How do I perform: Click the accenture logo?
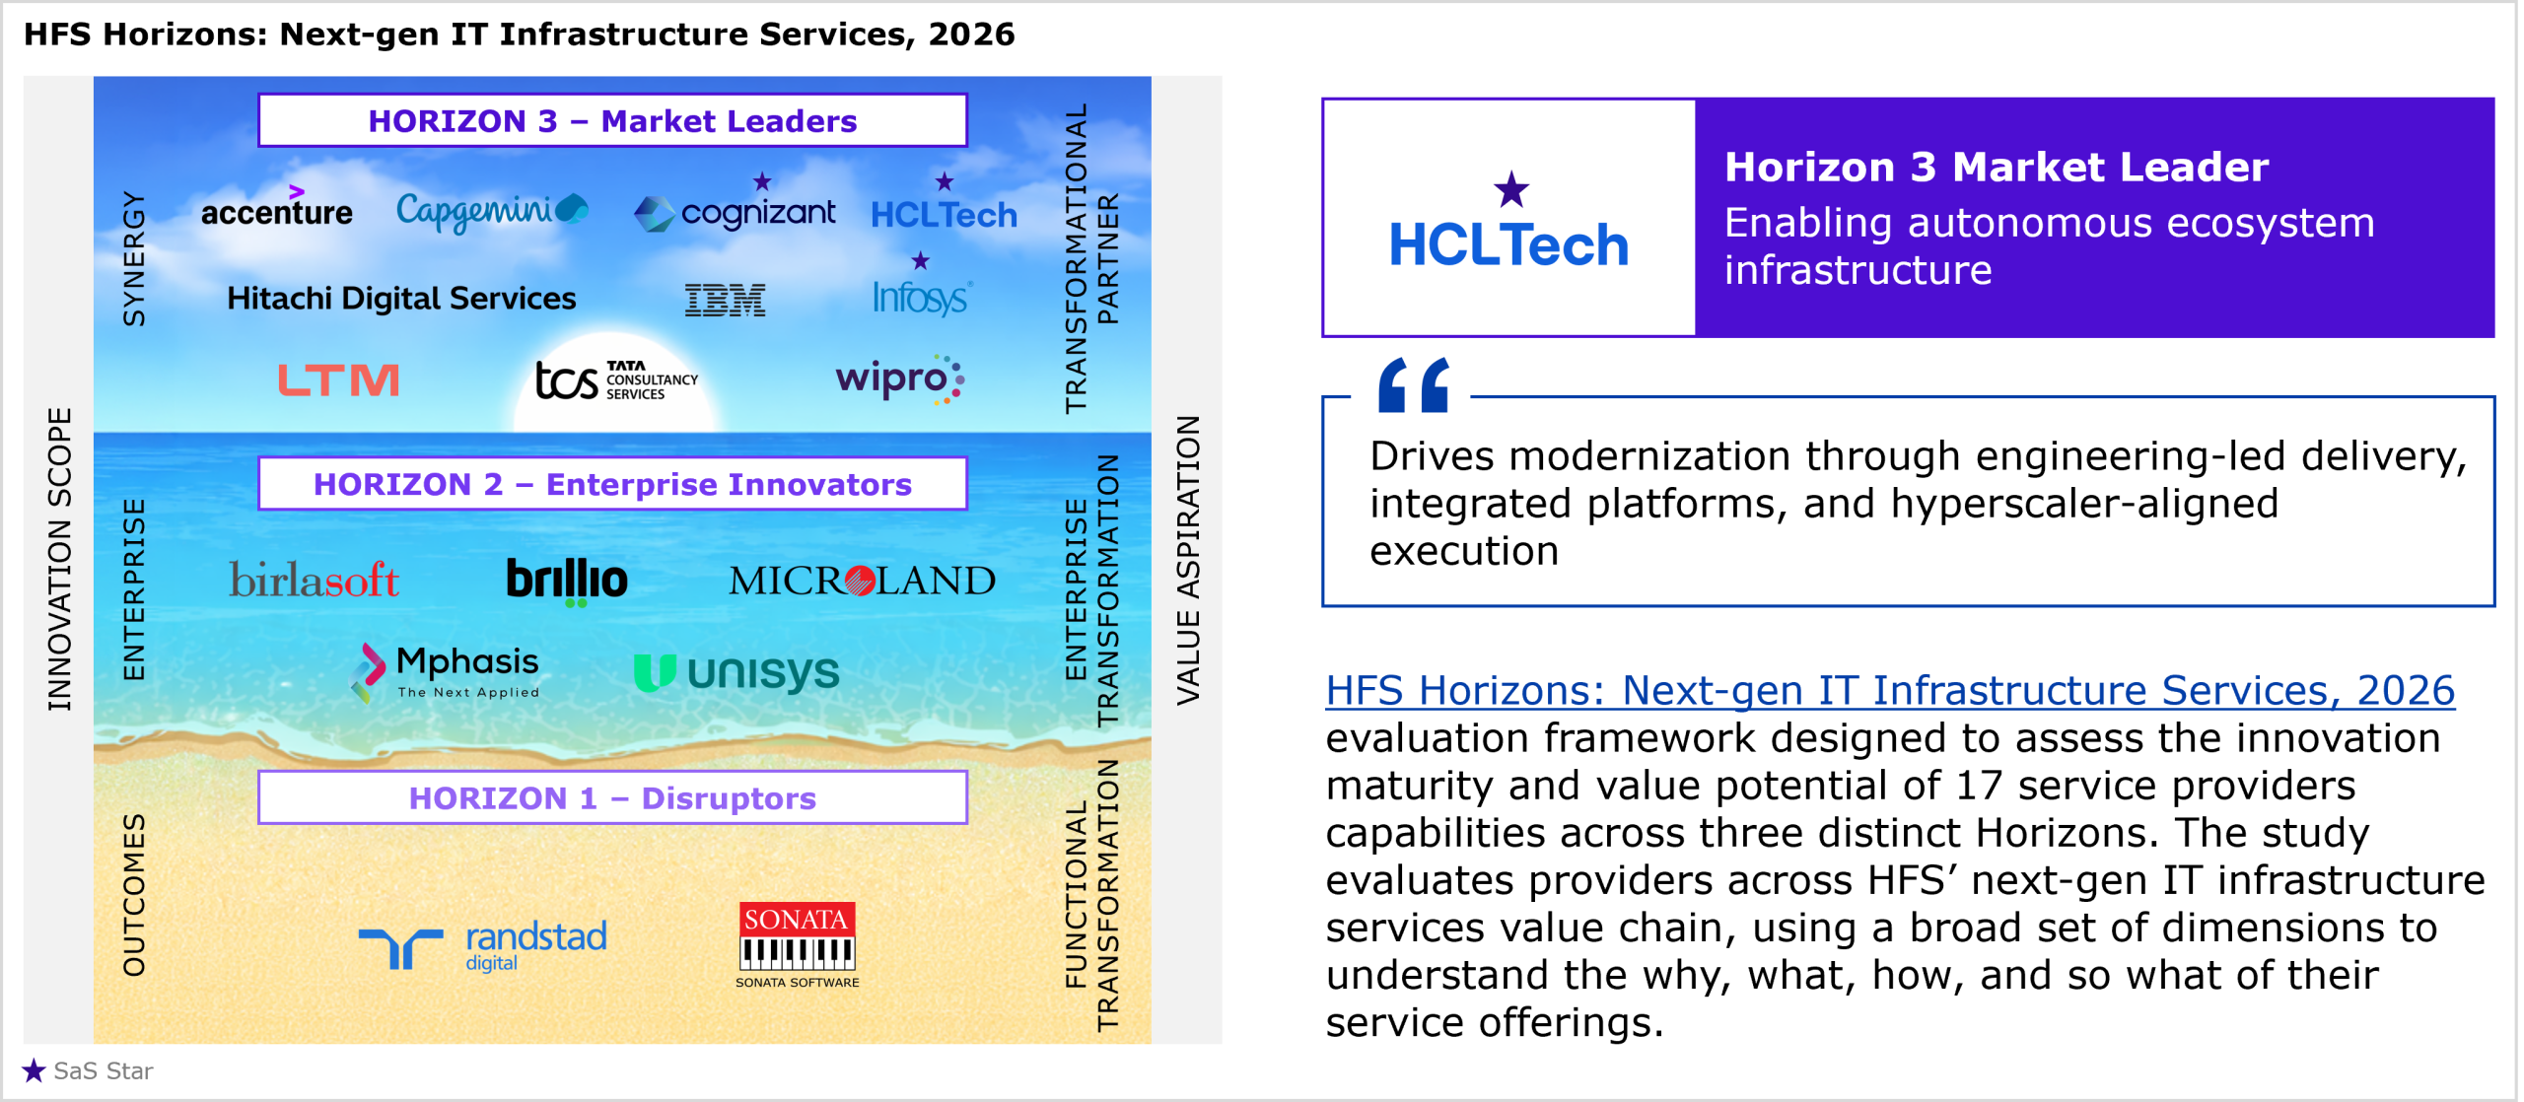(276, 207)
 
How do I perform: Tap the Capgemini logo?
(492, 211)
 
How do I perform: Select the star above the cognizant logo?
(762, 181)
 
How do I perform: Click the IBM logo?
(726, 300)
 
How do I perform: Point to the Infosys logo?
(922, 297)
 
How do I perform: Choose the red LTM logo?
(338, 379)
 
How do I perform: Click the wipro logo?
(899, 379)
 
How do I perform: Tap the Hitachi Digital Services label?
(401, 298)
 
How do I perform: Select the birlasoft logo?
(314, 580)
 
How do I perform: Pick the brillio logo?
(567, 581)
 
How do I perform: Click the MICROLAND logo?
(862, 581)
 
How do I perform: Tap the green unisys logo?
(736, 673)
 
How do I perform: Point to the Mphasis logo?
(446, 672)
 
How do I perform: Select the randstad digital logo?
(482, 946)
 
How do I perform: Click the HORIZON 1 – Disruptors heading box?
(612, 797)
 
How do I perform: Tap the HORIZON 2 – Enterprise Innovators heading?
(612, 484)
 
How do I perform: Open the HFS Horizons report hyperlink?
(1890, 690)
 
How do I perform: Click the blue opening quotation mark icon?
(1414, 384)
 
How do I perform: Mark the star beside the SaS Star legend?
(34, 1070)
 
